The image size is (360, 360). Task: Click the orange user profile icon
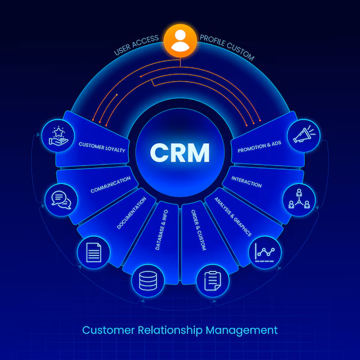(180, 40)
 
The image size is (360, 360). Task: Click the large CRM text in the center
(180, 152)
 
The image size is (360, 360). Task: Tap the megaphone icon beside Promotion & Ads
(304, 136)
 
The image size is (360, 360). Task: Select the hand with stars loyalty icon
(57, 136)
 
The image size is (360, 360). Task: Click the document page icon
(93, 251)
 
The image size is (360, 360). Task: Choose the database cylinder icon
(148, 281)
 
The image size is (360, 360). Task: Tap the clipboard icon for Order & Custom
(213, 281)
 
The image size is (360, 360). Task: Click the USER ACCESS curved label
(136, 46)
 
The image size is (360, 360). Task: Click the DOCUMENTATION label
(135, 213)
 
